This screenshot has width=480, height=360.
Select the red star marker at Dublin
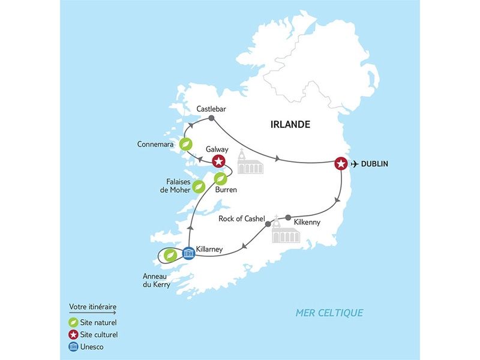point(341,164)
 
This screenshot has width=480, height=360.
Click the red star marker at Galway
point(220,161)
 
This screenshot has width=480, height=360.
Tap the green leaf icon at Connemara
point(187,144)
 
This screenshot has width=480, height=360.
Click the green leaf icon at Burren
point(221,178)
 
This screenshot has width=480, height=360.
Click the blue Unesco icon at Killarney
point(188,253)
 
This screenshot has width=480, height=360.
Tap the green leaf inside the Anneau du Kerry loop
point(170,255)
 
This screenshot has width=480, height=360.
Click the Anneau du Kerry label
point(155,281)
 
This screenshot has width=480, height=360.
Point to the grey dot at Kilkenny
point(288,217)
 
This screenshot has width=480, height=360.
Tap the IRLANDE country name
point(290,125)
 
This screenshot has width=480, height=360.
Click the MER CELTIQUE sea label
point(329,313)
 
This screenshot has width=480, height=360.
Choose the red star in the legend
point(73,334)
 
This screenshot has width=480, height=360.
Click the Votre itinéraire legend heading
point(92,307)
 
